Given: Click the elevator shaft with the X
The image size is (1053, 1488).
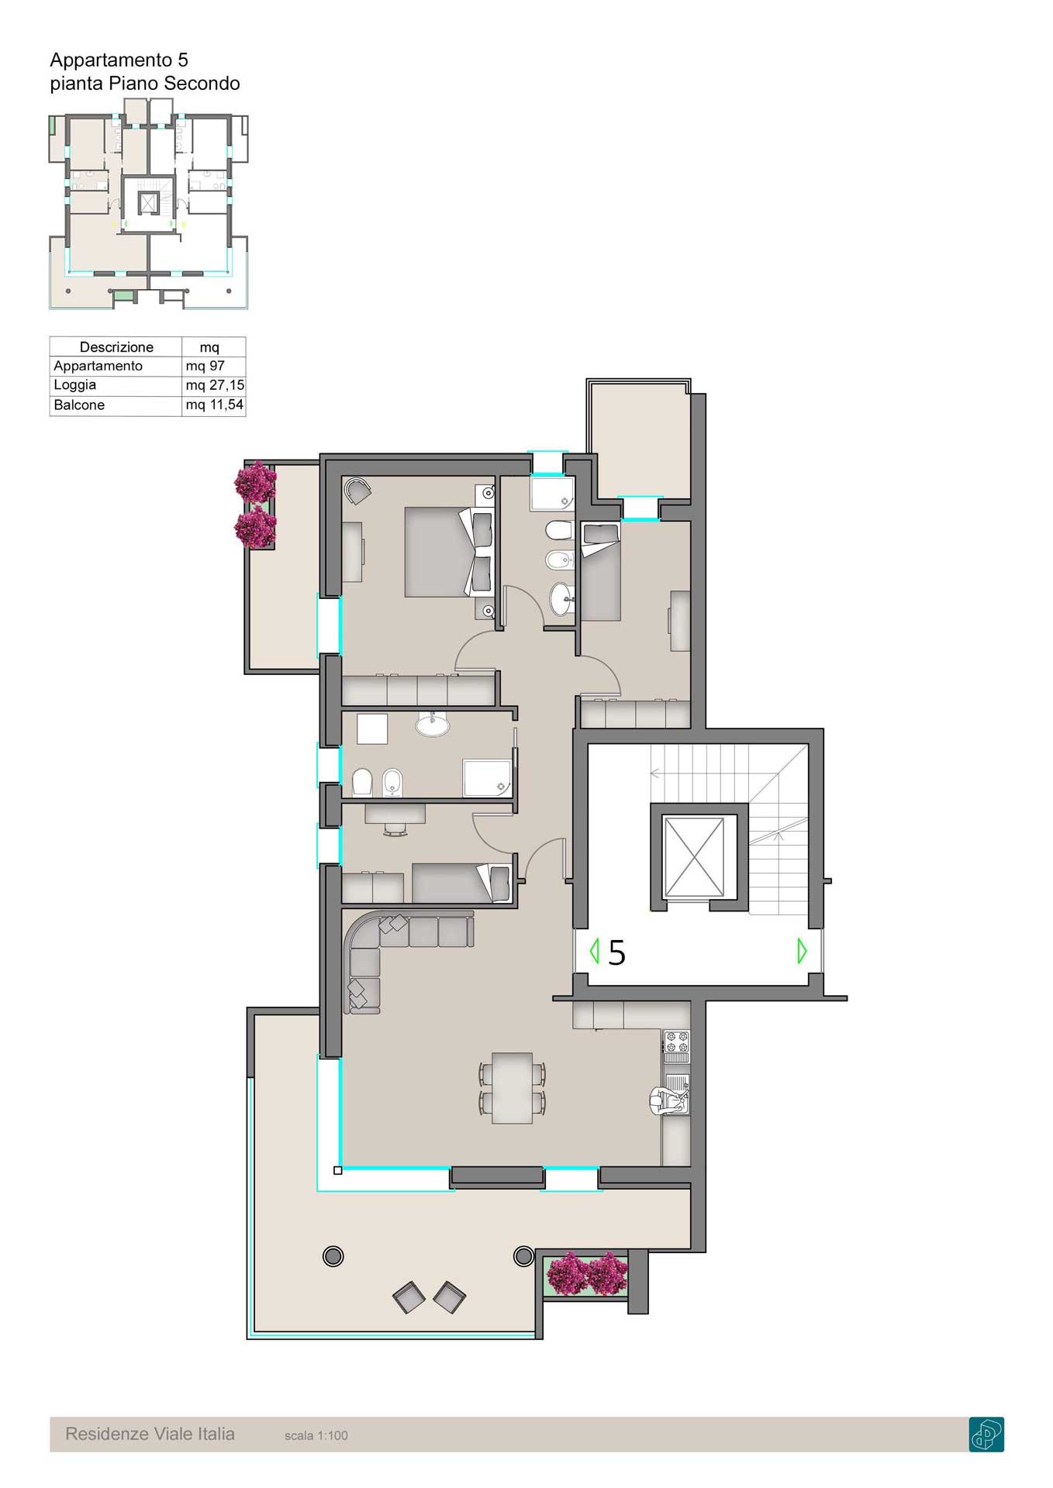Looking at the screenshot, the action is [694, 857].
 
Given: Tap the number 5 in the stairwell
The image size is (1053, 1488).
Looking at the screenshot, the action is [616, 952].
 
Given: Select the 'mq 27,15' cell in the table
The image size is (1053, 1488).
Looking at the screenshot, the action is [215, 385].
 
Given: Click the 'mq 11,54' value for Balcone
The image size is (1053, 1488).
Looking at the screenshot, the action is [215, 405].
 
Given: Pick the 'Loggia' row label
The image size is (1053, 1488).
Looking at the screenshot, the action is [75, 385].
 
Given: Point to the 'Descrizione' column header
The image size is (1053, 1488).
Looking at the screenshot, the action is [116, 347].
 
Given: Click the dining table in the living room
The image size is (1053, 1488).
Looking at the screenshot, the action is [512, 1087].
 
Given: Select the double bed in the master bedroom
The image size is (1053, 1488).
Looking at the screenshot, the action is [448, 552].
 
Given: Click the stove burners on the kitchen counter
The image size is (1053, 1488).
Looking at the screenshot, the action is [676, 1046].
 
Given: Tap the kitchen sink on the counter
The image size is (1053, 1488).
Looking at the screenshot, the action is [676, 1093].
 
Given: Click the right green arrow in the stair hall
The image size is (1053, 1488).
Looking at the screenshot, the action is [803, 951].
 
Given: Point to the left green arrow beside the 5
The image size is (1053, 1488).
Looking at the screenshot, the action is [595, 951].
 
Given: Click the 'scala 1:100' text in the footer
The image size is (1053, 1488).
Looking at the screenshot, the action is [316, 1435].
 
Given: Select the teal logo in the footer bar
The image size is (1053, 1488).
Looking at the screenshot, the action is [986, 1434].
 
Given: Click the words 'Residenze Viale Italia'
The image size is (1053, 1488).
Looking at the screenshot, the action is [150, 1434].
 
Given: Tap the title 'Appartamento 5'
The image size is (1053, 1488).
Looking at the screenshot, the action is [119, 60].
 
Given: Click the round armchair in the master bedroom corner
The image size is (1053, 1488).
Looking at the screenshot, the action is [358, 491].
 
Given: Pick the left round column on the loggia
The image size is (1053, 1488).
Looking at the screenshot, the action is [333, 1256].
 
